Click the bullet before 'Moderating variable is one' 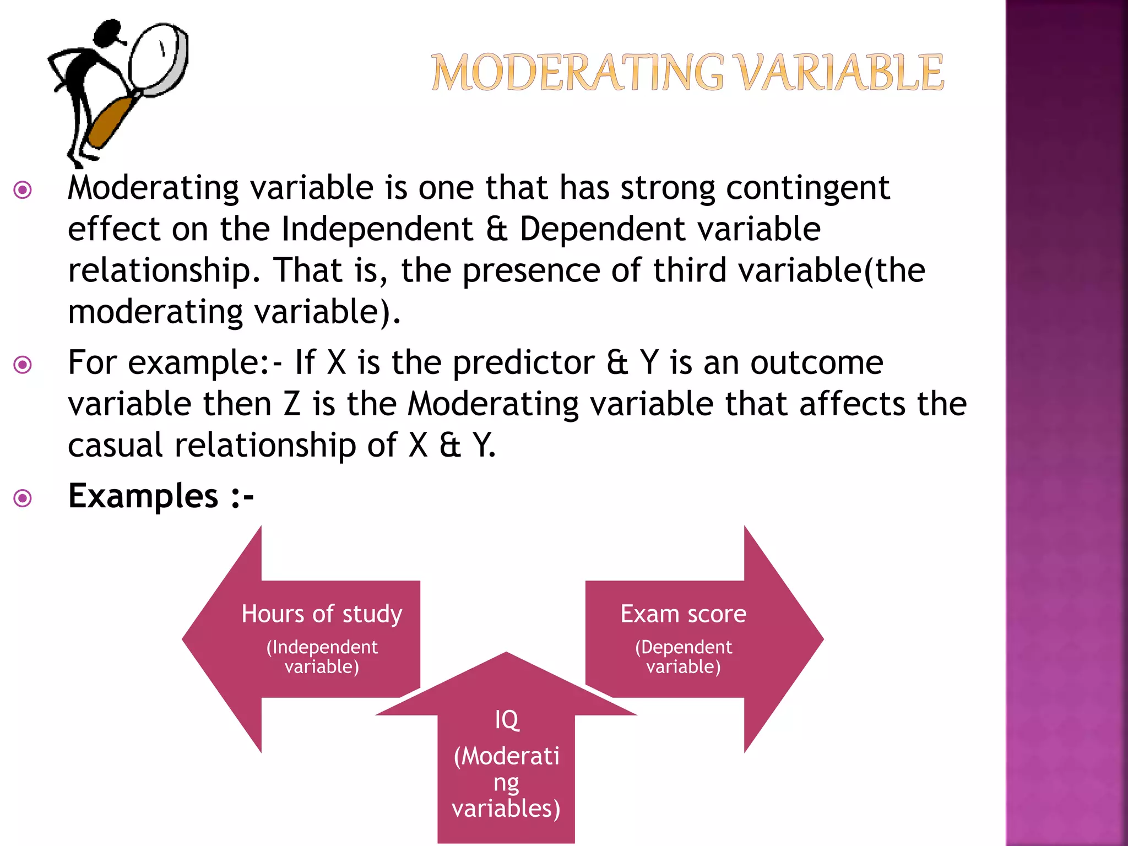(23, 191)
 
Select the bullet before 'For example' (23, 365)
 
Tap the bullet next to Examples (23, 498)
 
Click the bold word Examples (143, 496)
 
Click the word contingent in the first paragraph (807, 188)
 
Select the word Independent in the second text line (377, 229)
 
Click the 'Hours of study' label (322, 614)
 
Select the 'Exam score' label (683, 614)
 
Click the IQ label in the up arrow (506, 719)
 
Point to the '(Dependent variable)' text (683, 657)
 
